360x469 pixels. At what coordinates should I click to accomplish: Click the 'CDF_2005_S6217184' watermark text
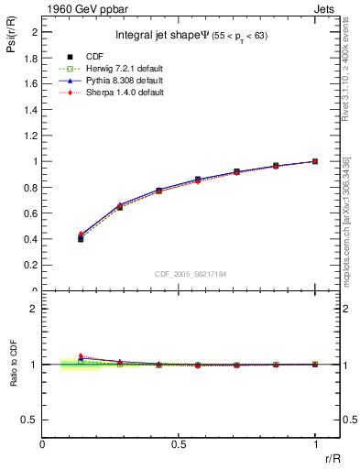click(x=191, y=273)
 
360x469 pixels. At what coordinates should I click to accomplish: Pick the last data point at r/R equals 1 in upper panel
click(x=315, y=161)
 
